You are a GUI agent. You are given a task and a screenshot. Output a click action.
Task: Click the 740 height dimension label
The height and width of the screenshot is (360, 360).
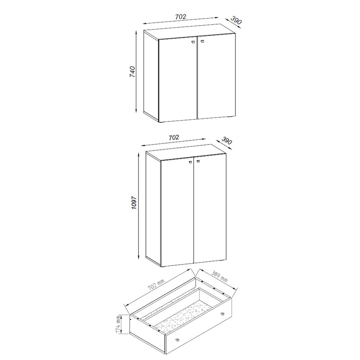(132, 72)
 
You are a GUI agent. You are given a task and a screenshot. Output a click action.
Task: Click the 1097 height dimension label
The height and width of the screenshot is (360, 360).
(134, 202)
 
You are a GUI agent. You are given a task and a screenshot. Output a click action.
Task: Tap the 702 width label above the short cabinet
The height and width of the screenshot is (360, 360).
(180, 17)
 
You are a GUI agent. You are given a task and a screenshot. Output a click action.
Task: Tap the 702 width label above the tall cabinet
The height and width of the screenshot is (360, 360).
(174, 137)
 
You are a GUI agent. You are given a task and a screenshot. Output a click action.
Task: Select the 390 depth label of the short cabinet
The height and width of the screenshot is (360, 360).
(236, 20)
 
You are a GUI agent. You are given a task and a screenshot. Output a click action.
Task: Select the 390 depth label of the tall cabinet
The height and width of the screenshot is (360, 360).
(227, 141)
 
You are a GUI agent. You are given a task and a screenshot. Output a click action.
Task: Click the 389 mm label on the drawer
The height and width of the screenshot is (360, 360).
(219, 277)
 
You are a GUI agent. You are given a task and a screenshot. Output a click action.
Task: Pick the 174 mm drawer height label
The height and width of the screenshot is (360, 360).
(118, 324)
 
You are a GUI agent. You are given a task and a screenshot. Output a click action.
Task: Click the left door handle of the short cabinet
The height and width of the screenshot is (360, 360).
(193, 42)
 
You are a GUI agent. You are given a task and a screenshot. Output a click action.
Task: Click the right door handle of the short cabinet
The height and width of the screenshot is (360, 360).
(202, 41)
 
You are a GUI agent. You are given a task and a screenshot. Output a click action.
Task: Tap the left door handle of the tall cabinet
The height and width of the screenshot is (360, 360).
(190, 162)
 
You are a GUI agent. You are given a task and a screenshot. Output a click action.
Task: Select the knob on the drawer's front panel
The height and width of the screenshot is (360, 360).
(177, 340)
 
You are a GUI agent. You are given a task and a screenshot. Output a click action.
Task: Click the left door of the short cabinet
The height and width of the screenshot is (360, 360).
(178, 80)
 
